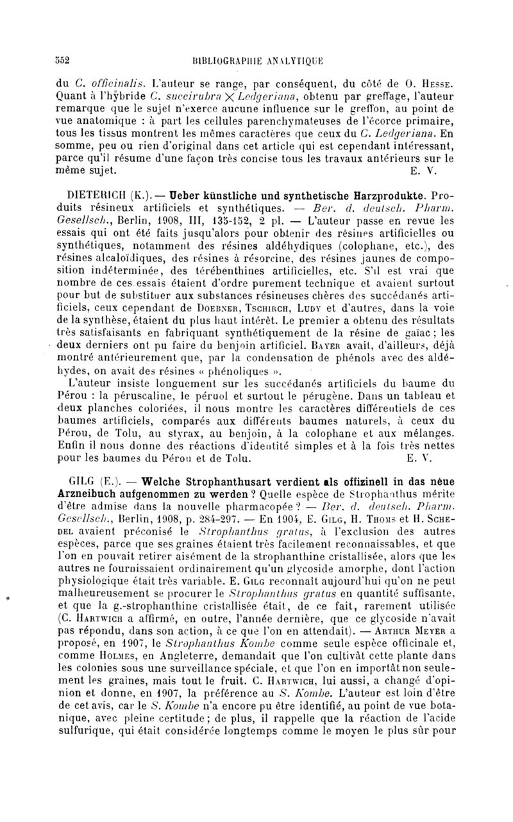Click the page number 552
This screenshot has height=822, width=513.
(62, 63)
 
